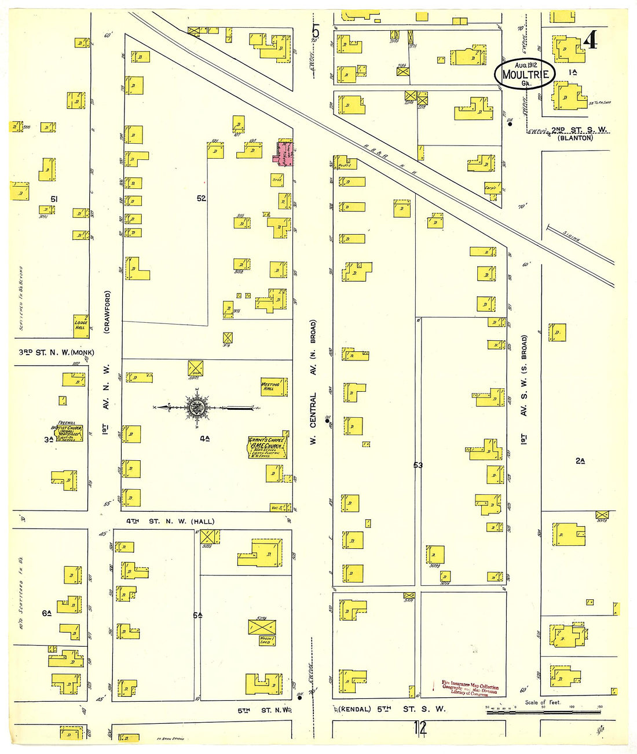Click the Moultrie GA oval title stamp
[x=525, y=74]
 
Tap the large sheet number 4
[x=590, y=41]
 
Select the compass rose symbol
[x=197, y=407]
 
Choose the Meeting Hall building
[x=273, y=387]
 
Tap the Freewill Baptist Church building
[x=67, y=432]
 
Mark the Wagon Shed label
[x=264, y=640]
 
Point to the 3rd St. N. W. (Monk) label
[x=56, y=352]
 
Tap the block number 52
[x=201, y=198]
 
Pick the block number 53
[x=418, y=465]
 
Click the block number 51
[x=54, y=199]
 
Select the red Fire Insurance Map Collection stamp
[x=469, y=688]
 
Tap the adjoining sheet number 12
[x=420, y=727]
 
